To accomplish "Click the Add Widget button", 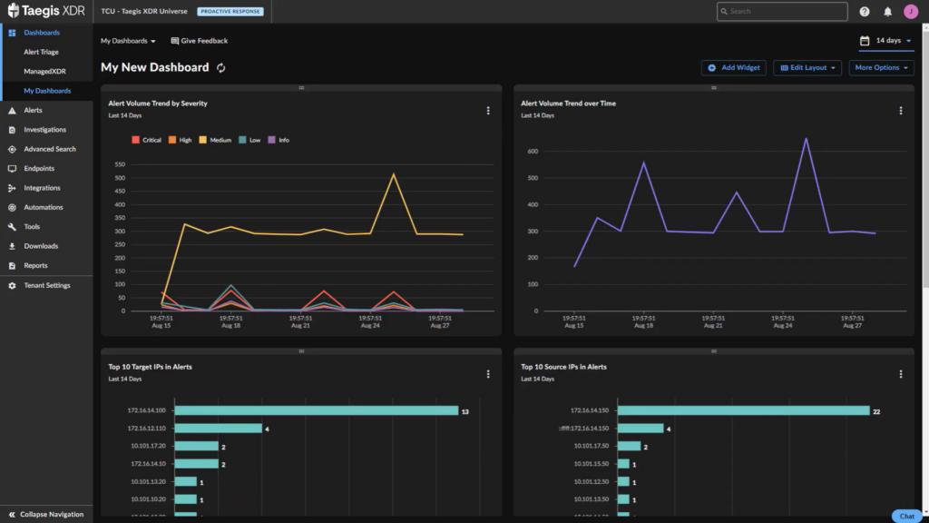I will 734,68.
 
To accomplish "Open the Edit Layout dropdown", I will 807,68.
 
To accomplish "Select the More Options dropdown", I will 881,68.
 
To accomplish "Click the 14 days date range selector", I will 886,41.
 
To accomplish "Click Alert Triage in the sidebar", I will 41,52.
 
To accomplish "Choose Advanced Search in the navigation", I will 49,149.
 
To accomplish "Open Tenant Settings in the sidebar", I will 46,285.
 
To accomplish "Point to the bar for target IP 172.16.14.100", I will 317,410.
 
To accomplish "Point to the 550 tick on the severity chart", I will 120,164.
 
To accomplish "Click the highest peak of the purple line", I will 806,139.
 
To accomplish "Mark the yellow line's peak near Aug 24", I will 394,174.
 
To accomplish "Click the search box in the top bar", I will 781,12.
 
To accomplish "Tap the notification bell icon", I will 888,12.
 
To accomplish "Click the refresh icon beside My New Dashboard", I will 220,68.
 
